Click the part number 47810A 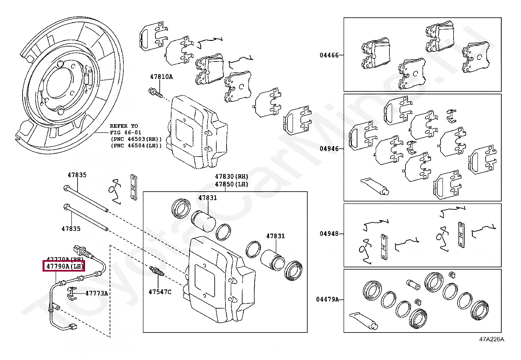pos(161,77)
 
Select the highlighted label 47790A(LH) pos(64,266)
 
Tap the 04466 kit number pos(329,55)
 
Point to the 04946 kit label pos(329,148)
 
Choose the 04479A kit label pos(327,299)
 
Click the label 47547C pos(160,292)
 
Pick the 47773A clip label pos(97,293)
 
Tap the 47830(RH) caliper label pos(232,177)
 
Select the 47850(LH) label pos(232,184)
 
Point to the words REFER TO pos(124,126)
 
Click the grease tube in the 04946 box pos(375,186)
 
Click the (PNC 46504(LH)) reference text pos(136,146)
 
